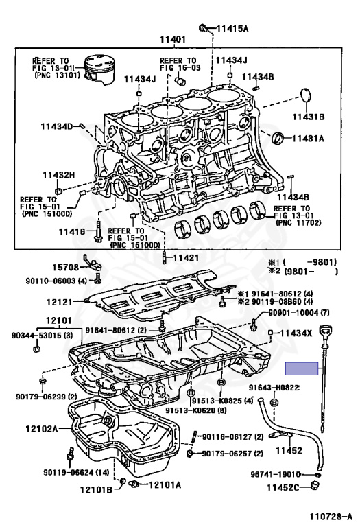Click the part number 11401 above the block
[173, 39]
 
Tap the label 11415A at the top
[232, 28]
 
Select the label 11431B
[309, 117]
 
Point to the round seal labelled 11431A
[278, 137]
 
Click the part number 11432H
[59, 175]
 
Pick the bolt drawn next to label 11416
[98, 231]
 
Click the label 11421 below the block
[186, 258]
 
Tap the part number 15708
[65, 268]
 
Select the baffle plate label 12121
[60, 302]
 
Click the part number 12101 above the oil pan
[59, 320]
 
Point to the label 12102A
[42, 428]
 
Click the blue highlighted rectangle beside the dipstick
[302, 368]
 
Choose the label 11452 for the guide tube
[289, 450]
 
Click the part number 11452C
[283, 487]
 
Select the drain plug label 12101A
[165, 484]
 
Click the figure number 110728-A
[331, 517]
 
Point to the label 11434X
[296, 333]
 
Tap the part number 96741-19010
[275, 474]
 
